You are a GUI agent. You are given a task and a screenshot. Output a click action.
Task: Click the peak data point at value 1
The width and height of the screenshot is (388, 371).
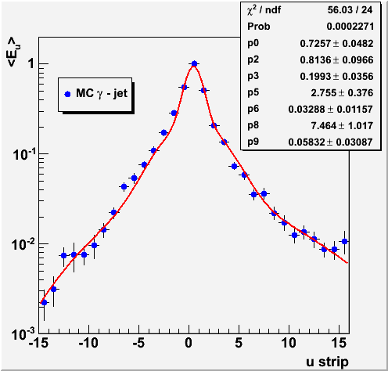tap(194, 63)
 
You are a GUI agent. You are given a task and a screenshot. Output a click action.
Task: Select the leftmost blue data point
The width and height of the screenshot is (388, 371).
tap(44, 303)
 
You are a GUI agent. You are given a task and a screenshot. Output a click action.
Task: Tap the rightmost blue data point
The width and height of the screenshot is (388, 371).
tap(344, 241)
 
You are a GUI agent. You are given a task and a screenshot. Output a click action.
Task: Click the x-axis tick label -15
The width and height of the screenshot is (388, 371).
tap(38, 343)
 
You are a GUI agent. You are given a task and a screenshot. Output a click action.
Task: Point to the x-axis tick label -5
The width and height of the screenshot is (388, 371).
tap(138, 343)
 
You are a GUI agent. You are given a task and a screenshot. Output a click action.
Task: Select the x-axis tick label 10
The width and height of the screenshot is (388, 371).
tap(289, 343)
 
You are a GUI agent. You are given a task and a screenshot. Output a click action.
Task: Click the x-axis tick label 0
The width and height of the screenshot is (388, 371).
tap(189, 343)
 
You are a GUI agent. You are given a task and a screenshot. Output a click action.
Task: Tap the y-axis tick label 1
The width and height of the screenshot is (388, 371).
tap(31, 63)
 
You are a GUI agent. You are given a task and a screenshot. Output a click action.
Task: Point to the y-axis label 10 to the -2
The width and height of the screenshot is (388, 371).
tap(23, 245)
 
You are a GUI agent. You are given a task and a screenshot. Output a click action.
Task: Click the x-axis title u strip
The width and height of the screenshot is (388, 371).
tap(327, 362)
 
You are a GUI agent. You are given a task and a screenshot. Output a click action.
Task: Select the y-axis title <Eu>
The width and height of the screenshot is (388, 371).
tap(13, 52)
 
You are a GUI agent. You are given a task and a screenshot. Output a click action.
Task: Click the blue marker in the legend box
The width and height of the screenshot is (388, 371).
tap(67, 94)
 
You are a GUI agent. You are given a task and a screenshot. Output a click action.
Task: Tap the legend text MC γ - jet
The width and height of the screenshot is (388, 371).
tap(102, 93)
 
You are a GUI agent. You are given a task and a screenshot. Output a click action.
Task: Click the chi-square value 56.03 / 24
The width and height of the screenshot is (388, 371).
tap(350, 10)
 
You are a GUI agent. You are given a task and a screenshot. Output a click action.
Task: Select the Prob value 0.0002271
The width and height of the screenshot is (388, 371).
tap(350, 27)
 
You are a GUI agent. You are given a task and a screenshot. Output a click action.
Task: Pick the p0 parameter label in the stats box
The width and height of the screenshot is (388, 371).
tap(253, 43)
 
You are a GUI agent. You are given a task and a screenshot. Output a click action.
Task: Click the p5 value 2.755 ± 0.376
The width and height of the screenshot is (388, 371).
tap(342, 92)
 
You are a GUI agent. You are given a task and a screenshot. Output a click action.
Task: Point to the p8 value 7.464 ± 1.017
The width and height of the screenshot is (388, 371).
tap(342, 126)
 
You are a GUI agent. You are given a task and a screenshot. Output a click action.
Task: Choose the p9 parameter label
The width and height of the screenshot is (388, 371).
tap(253, 142)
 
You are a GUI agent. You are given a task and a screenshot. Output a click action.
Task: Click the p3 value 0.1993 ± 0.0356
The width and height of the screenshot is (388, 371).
tap(336, 76)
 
